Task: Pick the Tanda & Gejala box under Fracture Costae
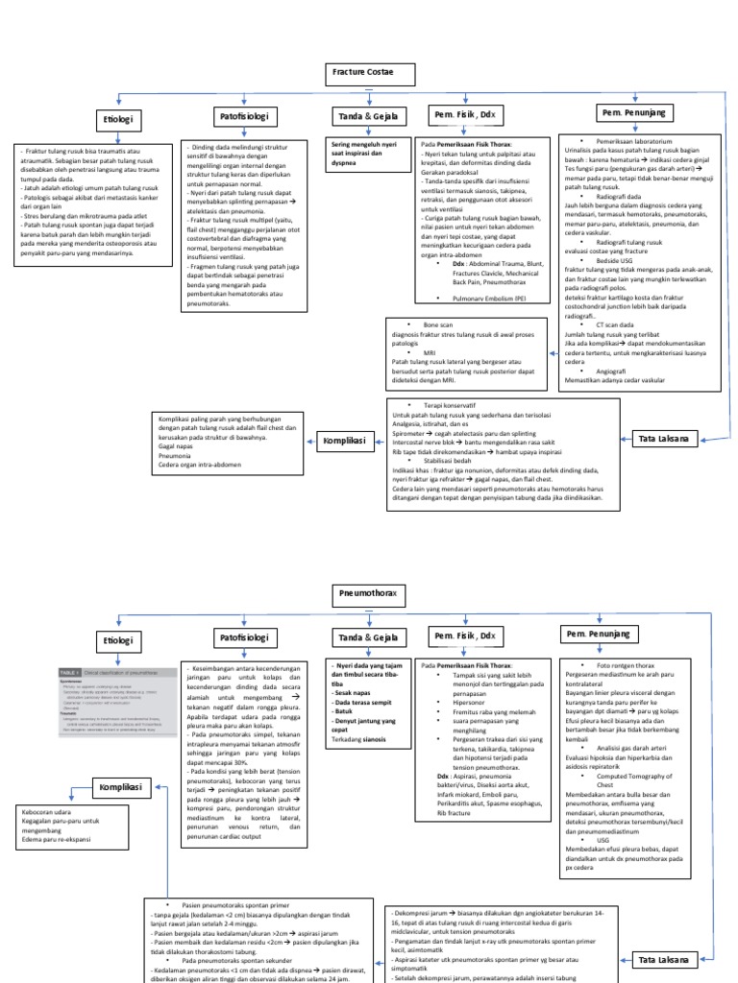coord(360,117)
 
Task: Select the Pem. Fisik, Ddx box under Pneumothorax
coord(465,636)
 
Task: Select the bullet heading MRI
coord(428,352)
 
